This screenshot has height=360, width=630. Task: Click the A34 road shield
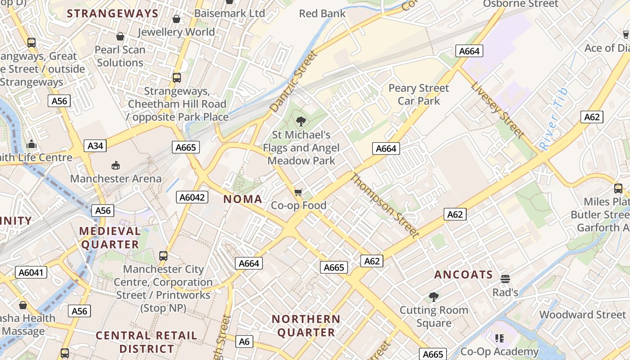tap(95, 146)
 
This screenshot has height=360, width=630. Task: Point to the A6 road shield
tap(244, 342)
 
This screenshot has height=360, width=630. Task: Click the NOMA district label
tap(243, 199)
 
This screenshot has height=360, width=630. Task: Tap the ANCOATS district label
tap(463, 274)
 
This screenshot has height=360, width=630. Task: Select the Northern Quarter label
tap(306, 326)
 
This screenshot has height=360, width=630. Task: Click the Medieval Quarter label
tap(110, 238)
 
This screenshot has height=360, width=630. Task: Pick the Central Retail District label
tap(146, 342)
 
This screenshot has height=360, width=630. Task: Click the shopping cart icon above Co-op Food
tap(298, 193)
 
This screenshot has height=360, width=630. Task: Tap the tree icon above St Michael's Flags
tap(301, 121)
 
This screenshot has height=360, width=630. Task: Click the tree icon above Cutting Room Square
tap(434, 297)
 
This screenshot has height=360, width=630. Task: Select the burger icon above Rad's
tap(505, 279)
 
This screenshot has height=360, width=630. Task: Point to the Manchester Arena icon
tap(116, 165)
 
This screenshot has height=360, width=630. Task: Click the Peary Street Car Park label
tap(418, 94)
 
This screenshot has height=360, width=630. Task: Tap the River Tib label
tap(553, 119)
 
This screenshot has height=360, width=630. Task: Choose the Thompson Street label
tap(385, 205)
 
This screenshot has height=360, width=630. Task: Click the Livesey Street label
tap(498, 109)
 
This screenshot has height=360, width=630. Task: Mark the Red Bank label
tap(322, 13)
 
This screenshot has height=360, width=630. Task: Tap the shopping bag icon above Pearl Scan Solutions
tap(120, 36)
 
